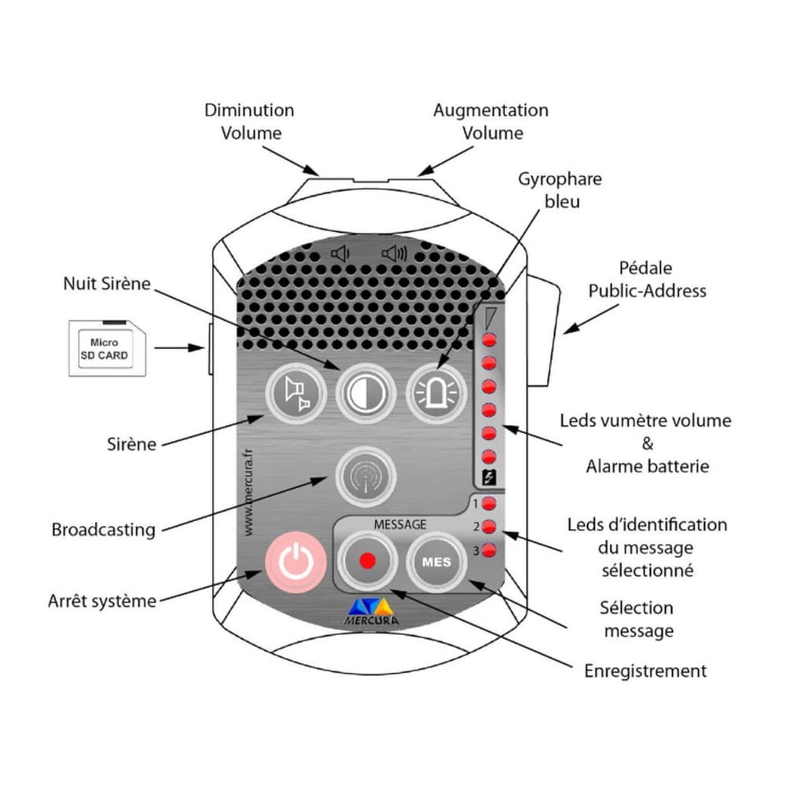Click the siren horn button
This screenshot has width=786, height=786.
pyautogui.click(x=294, y=393)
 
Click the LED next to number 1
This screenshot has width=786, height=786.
pyautogui.click(x=489, y=504)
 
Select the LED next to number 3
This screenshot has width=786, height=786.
pyautogui.click(x=489, y=550)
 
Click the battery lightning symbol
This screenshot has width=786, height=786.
pyautogui.click(x=488, y=476)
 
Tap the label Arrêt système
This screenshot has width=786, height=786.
pyautogui.click(x=102, y=602)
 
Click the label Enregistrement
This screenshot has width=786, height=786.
pyautogui.click(x=645, y=670)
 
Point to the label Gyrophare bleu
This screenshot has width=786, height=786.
pyautogui.click(x=560, y=189)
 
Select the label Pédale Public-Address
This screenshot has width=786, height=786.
pyautogui.click(x=646, y=280)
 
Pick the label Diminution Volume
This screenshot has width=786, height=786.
pyautogui.click(x=250, y=121)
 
